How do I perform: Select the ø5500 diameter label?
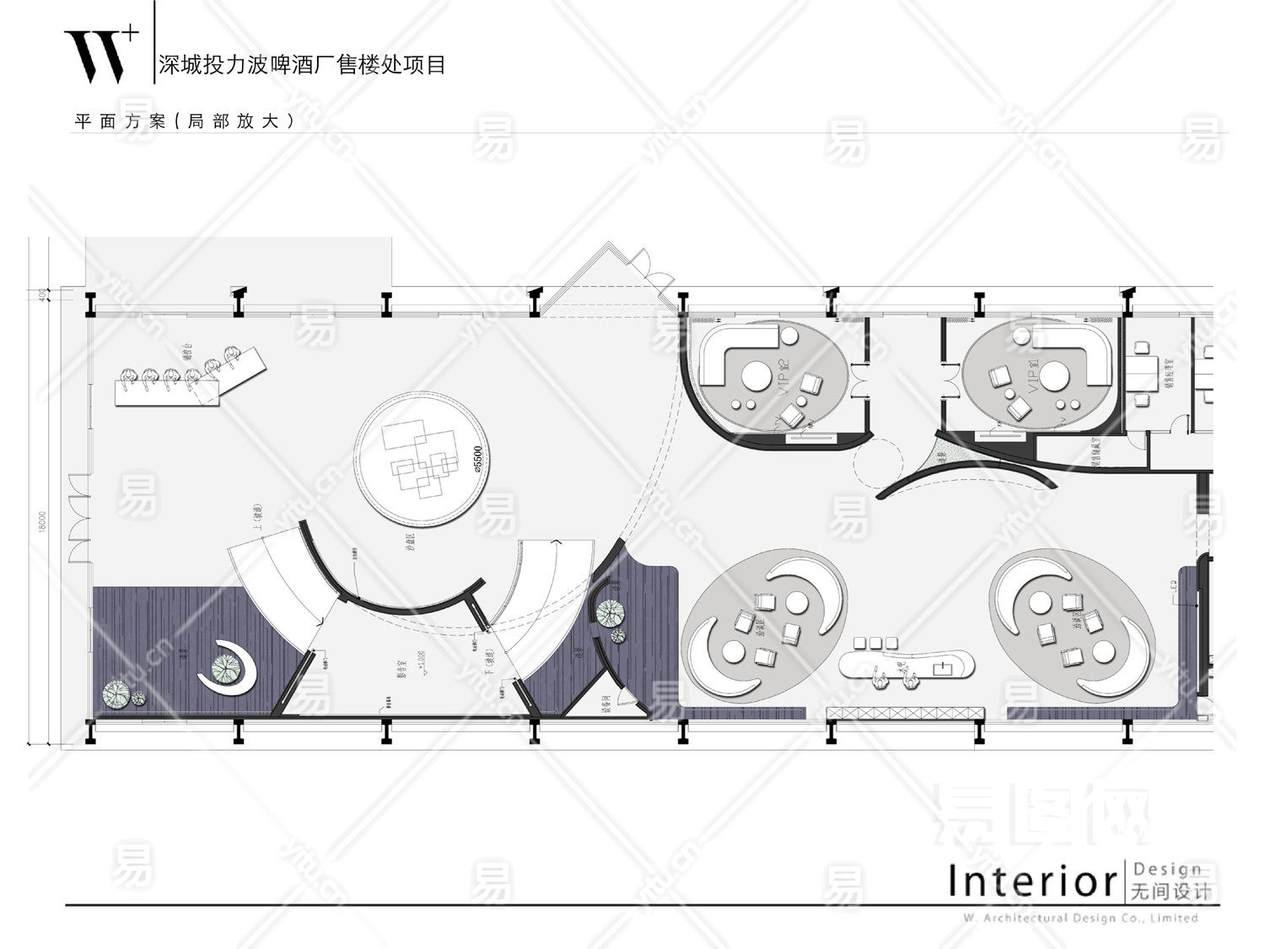[477, 463]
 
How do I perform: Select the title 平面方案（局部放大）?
[186, 121]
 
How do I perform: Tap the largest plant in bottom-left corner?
[116, 693]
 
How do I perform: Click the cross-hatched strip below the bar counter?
[904, 713]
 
